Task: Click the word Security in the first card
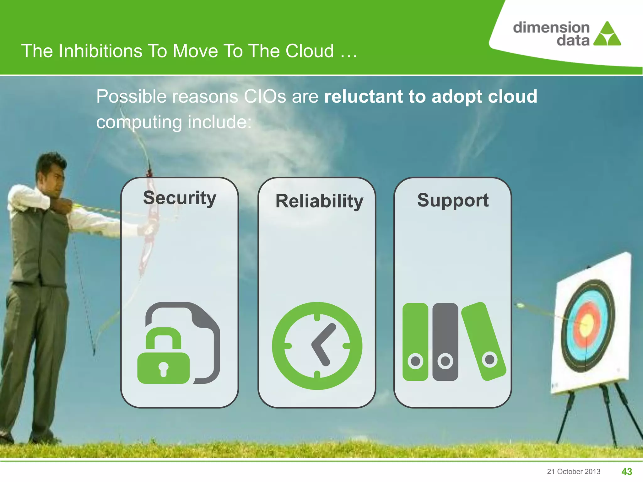[180, 198]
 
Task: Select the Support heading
[453, 200]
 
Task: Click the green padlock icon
[164, 358]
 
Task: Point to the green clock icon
[317, 346]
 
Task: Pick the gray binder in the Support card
[445, 342]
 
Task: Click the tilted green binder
[484, 341]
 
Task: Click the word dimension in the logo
[551, 28]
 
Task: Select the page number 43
[627, 471]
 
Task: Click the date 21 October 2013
[574, 471]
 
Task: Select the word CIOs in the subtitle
[265, 96]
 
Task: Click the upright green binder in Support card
[415, 342]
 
